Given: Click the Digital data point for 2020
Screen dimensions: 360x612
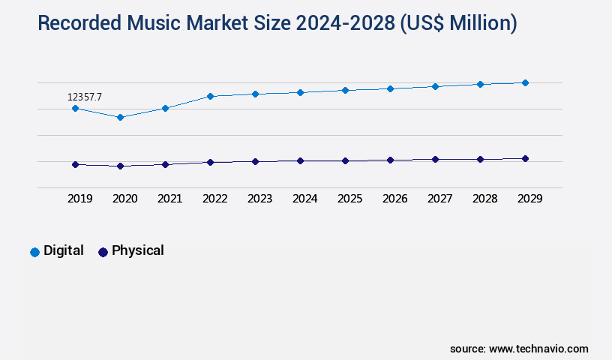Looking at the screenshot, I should (x=120, y=117).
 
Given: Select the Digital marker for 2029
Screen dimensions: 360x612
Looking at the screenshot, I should (x=525, y=82).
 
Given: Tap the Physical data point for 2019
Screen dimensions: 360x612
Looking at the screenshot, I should (x=75, y=164).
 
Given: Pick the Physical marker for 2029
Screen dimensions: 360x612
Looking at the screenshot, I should (x=525, y=158).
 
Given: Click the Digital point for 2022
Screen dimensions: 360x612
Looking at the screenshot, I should (x=210, y=96).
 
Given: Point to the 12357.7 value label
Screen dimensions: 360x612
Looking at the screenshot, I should (x=84, y=97).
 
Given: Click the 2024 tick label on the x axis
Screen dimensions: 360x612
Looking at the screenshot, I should (x=304, y=199).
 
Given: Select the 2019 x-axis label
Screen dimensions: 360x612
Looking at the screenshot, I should (x=79, y=199).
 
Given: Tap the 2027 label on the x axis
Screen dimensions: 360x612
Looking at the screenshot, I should (x=439, y=199).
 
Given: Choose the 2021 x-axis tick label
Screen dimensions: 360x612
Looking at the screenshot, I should (x=169, y=199).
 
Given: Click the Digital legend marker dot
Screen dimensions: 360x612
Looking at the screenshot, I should (x=34, y=252).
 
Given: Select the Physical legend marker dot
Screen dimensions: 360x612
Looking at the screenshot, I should (x=103, y=252).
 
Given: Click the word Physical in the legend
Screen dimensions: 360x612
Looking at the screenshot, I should (x=137, y=250).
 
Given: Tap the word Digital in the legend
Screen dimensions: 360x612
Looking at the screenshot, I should (x=64, y=250).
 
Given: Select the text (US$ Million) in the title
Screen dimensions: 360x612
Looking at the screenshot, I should (x=457, y=23).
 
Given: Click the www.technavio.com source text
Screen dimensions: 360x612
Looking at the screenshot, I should (x=538, y=349).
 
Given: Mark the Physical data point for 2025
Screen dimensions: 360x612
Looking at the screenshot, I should (x=345, y=160).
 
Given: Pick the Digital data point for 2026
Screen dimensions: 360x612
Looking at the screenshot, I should (x=390, y=88).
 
